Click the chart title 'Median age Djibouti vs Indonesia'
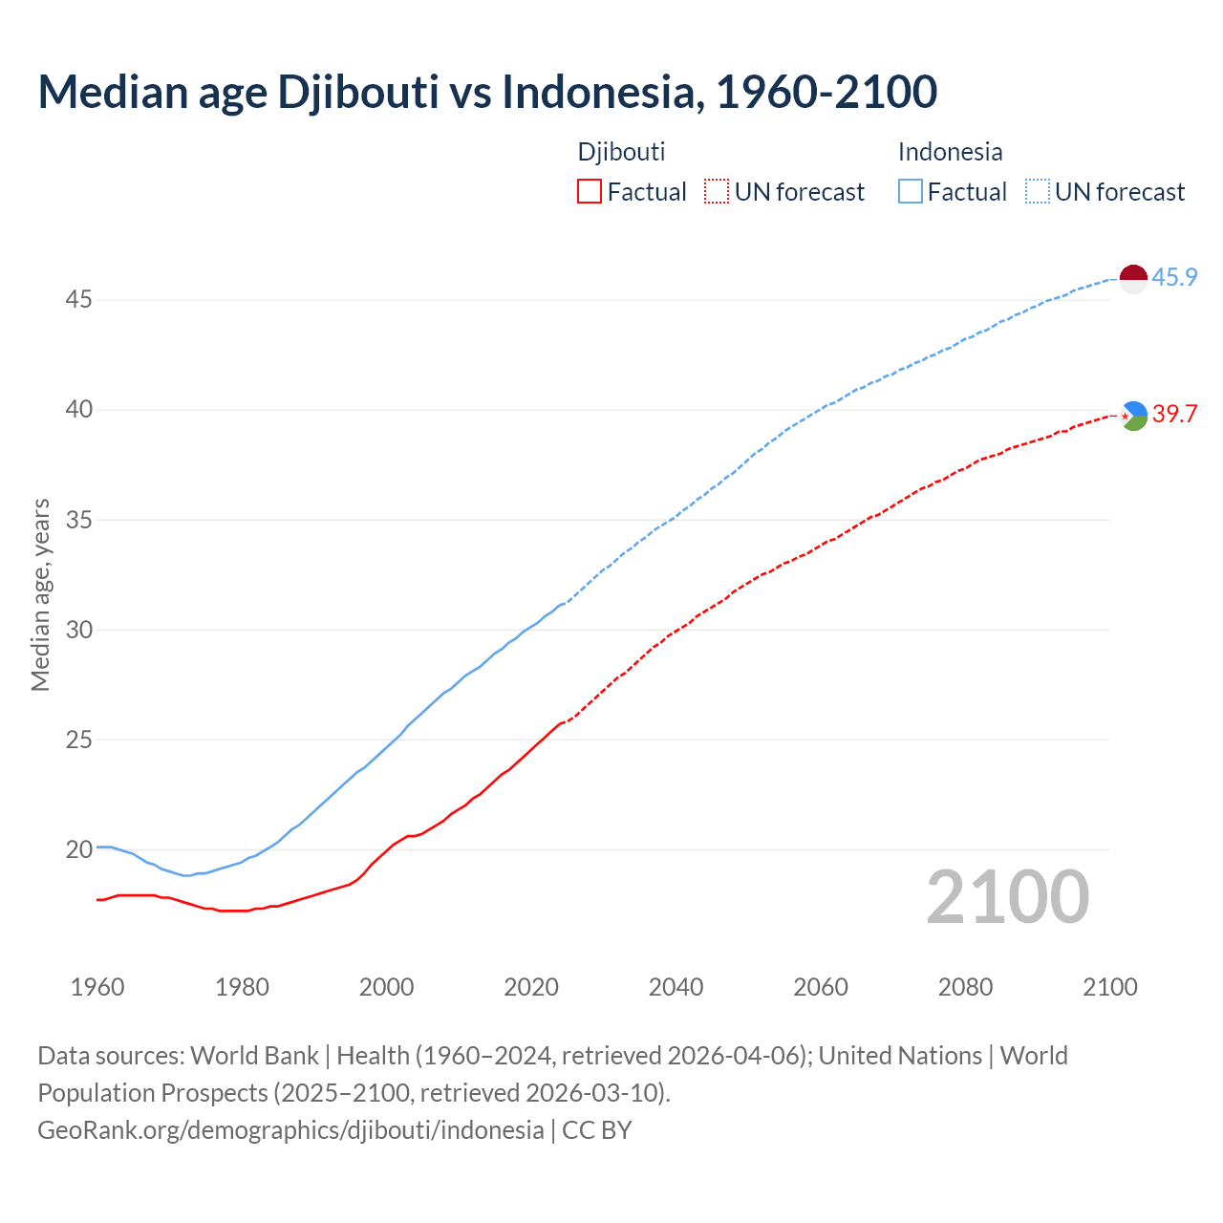[487, 92]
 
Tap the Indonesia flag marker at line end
[1132, 279]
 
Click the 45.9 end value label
[1174, 278]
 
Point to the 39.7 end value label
[1174, 415]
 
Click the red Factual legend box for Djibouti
[590, 192]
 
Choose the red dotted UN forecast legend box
[717, 192]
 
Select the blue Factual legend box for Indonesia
[911, 192]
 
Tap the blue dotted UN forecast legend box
[1038, 192]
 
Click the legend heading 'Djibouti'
[621, 152]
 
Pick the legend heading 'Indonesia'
[950, 152]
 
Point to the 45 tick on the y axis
[78, 300]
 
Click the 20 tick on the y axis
[78, 849]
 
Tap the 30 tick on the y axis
[78, 630]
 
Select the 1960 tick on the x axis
[97, 987]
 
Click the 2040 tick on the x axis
[676, 987]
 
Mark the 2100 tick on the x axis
[1110, 987]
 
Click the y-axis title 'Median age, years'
[40, 594]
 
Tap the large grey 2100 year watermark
[1007, 897]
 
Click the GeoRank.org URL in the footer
[290, 1130]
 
